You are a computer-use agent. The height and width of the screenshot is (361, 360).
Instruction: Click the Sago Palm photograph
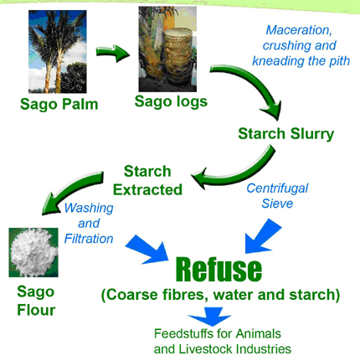tap(58, 52)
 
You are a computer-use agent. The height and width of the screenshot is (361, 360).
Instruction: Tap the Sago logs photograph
tap(167, 49)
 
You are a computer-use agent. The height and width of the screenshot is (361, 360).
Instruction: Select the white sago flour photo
tap(33, 252)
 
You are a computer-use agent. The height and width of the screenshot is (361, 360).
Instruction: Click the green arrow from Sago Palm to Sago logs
tap(112, 53)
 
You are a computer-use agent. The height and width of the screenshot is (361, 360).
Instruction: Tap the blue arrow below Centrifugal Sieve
tap(261, 237)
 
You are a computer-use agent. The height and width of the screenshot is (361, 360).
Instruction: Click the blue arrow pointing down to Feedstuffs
tap(209, 317)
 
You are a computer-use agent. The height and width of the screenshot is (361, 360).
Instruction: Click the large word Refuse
tap(219, 269)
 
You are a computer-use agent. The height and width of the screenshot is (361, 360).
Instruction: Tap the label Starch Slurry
tap(286, 134)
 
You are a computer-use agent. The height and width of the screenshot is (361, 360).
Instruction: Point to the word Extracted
tap(147, 190)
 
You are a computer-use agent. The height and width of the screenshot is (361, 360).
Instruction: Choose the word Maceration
tap(299, 30)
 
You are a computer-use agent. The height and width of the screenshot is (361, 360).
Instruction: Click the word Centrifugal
tap(277, 189)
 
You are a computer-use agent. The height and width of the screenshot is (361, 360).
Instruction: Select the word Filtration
tap(89, 239)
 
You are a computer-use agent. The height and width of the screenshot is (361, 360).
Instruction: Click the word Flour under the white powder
tap(36, 310)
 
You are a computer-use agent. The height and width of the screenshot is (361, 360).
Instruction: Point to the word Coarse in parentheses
tap(130, 295)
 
